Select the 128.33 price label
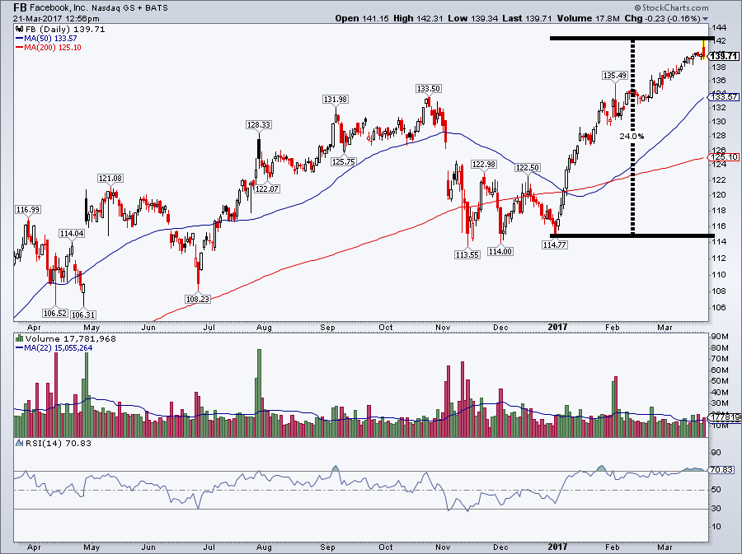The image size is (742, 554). click(258, 125)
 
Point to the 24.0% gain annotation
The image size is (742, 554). click(632, 136)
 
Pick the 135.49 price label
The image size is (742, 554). click(615, 75)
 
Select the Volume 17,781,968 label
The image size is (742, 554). click(71, 338)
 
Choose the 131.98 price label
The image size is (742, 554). click(334, 100)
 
